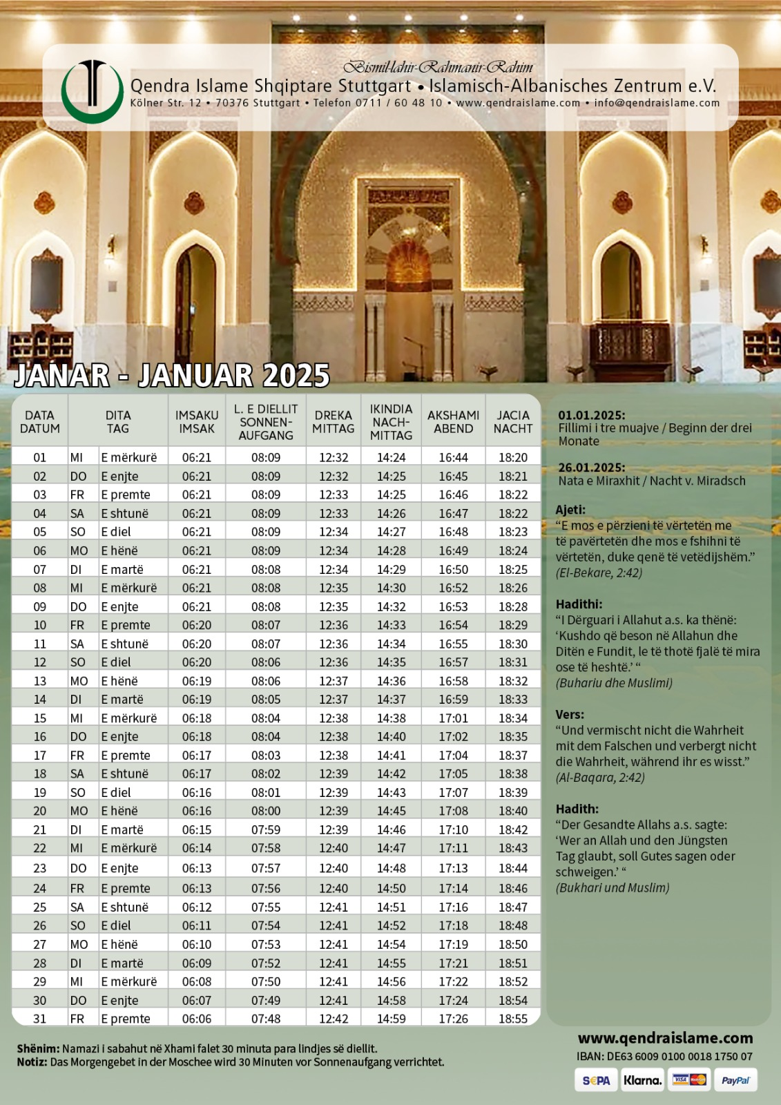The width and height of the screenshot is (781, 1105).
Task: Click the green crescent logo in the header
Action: pyautogui.click(x=92, y=93)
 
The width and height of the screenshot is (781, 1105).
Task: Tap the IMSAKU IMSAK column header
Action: pyautogui.click(x=197, y=422)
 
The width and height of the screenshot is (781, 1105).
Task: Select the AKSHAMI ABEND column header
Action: pyautogui.click(x=453, y=422)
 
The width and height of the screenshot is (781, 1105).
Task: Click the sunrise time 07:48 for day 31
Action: pyautogui.click(x=266, y=1019)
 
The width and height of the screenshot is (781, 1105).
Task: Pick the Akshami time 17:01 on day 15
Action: pyautogui.click(x=453, y=718)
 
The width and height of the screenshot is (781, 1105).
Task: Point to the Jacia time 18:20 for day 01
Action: pyautogui.click(x=513, y=458)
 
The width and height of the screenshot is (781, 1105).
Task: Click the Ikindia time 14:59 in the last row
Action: pyautogui.click(x=392, y=1019)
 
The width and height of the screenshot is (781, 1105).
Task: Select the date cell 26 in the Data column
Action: pyautogui.click(x=40, y=925)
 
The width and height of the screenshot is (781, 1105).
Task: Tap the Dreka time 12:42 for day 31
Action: pyautogui.click(x=334, y=1019)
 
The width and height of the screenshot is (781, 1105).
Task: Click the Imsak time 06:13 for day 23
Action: pyautogui.click(x=197, y=868)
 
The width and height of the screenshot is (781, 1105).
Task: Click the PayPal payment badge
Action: pyautogui.click(x=735, y=1081)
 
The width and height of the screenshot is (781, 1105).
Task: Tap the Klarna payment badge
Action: pyautogui.click(x=642, y=1081)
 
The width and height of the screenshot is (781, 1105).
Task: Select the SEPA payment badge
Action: pyautogui.click(x=596, y=1081)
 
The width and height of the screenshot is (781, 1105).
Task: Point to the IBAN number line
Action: pyautogui.click(x=664, y=1057)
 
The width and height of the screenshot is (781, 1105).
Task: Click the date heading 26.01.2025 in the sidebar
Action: pyautogui.click(x=592, y=468)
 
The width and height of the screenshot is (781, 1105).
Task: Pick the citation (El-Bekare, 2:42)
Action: pyautogui.click(x=599, y=573)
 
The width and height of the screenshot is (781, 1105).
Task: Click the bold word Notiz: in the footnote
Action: pyautogui.click(x=32, y=1062)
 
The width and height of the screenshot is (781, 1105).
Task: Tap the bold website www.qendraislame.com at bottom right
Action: pyautogui.click(x=665, y=1038)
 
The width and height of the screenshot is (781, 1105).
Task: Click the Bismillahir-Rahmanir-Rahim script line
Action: pyautogui.click(x=438, y=67)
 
